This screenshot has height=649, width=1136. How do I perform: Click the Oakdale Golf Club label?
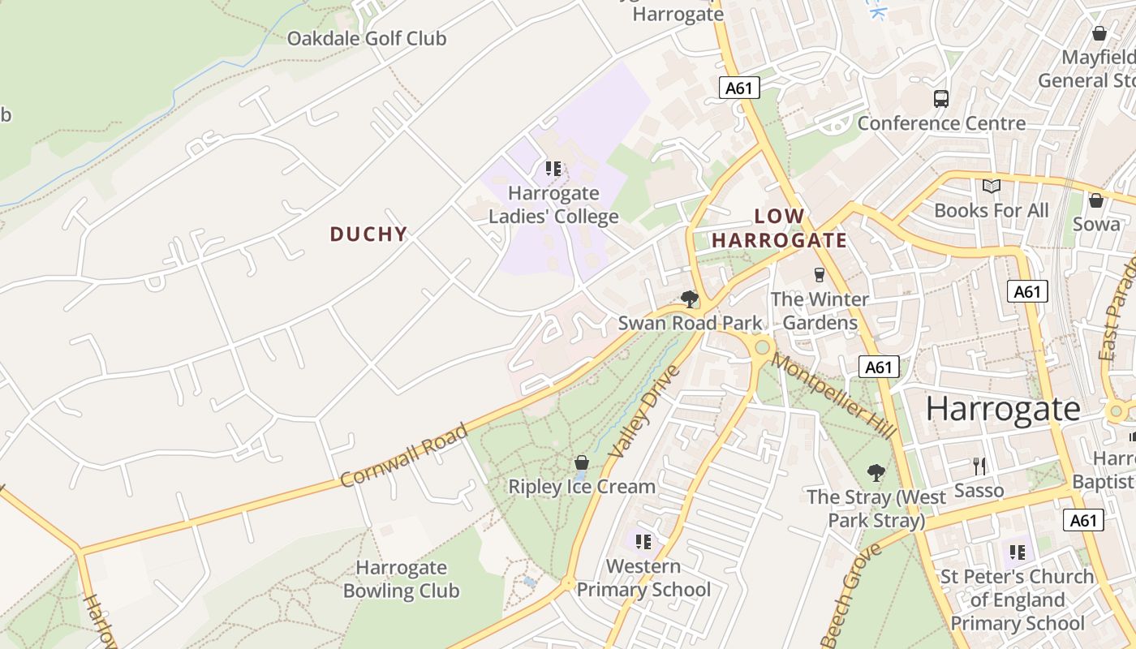tap(367, 38)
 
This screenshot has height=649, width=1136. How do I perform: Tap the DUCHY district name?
tap(368, 234)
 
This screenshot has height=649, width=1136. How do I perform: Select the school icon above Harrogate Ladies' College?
tap(553, 169)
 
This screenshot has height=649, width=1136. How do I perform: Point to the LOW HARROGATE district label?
tap(779, 228)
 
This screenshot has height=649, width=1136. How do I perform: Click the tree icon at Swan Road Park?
tap(690, 299)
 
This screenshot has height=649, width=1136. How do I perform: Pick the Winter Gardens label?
tap(820, 311)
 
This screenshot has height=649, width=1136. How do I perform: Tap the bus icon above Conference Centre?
tap(941, 99)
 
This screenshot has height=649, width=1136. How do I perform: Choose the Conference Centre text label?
tap(941, 123)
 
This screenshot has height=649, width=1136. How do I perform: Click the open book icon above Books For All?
tap(992, 187)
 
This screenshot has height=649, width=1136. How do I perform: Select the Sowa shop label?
tap(1096, 224)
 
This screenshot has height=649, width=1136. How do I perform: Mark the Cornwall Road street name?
tap(403, 456)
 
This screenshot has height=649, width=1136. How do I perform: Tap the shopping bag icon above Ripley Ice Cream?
tap(582, 463)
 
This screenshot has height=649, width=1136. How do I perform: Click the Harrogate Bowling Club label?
tap(401, 579)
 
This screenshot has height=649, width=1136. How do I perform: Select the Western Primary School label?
tap(643, 578)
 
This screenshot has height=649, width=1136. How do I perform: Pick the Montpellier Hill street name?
tap(833, 396)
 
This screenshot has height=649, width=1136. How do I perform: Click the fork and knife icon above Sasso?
tap(979, 466)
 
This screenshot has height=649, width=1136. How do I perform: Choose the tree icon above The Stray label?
tap(876, 472)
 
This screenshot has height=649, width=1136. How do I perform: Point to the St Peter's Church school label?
tap(1017, 600)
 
